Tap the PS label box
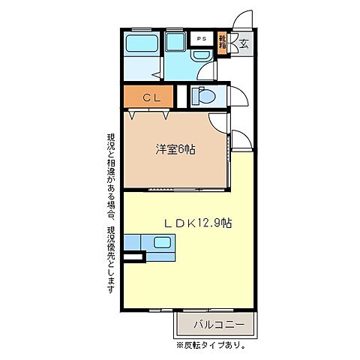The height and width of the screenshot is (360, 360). tap(201, 37)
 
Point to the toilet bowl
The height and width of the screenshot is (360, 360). tap(202, 96)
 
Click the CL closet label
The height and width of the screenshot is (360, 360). tap(148, 97)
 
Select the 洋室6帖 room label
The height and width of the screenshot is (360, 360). tap(175, 149)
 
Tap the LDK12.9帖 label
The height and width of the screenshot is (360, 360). tap(198, 223)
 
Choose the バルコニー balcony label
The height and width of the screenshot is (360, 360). tap(218, 324)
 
